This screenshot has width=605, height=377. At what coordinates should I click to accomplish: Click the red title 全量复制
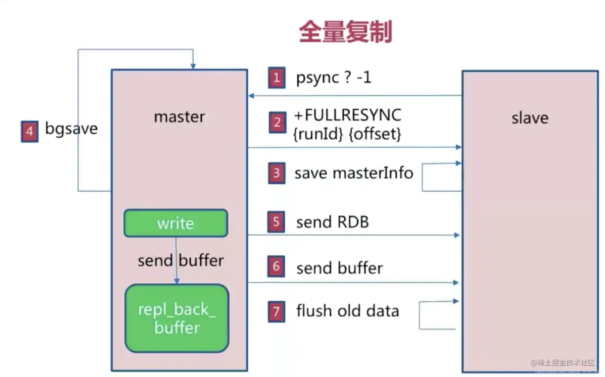(345, 32)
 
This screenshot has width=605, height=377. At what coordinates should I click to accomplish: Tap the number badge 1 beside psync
(276, 78)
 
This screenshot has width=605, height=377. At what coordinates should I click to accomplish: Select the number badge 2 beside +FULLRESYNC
(277, 122)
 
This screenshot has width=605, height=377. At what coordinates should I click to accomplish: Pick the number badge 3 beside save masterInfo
(276, 173)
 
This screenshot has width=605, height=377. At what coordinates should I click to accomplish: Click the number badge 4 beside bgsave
(30, 132)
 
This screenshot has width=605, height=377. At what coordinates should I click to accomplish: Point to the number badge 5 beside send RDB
(276, 222)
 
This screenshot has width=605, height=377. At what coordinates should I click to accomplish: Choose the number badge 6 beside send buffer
(276, 267)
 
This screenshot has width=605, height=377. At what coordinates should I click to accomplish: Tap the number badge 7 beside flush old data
(276, 311)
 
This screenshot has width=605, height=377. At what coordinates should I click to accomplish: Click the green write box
(176, 223)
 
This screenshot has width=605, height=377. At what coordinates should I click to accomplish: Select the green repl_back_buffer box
(177, 318)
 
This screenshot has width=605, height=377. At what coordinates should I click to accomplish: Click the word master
(179, 117)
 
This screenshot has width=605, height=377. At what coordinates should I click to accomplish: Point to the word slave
(530, 118)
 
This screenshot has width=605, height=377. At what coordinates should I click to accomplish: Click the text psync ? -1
(333, 78)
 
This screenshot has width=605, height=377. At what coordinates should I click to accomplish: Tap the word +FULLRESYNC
(347, 115)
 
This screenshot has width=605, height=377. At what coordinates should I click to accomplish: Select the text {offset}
(375, 134)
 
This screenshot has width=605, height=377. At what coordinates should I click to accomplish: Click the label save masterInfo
(354, 173)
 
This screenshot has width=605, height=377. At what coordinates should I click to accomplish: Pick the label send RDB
(332, 222)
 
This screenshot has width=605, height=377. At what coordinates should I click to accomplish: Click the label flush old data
(347, 311)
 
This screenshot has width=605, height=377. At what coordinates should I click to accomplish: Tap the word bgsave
(71, 129)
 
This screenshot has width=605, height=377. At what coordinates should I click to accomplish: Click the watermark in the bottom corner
(563, 363)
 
